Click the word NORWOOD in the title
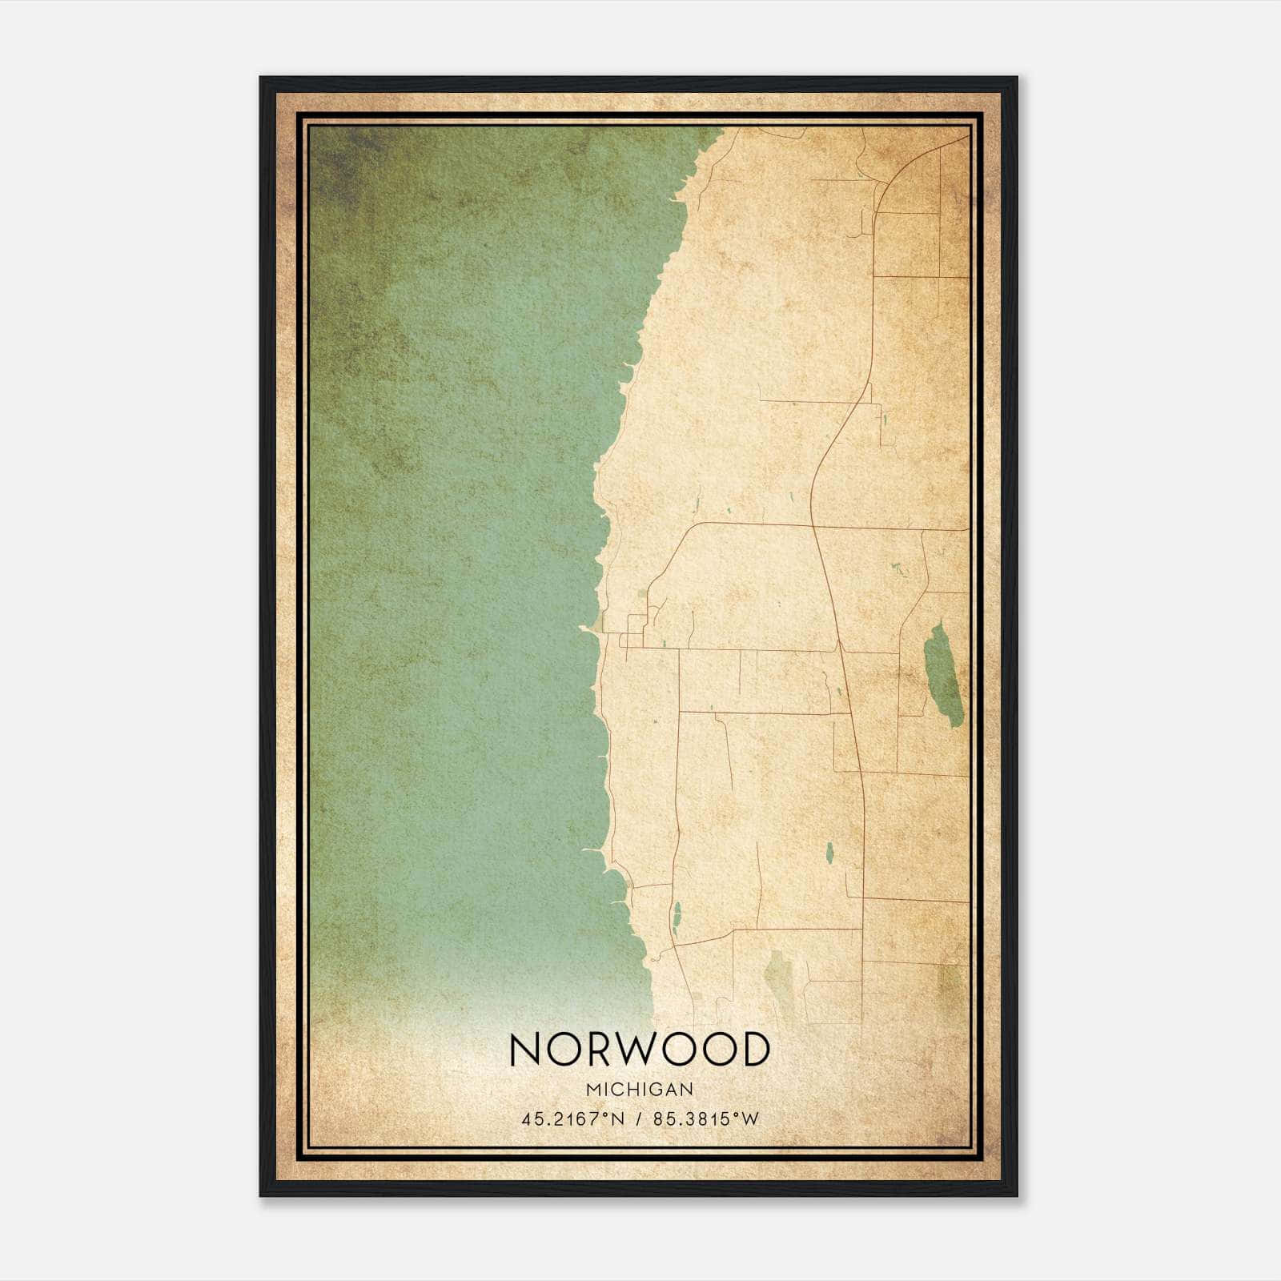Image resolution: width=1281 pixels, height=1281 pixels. tap(639, 1050)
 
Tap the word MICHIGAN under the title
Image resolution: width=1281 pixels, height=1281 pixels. tap(639, 1090)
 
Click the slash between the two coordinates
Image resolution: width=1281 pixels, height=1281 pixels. tap(639, 1118)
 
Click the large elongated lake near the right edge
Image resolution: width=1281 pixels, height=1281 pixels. tap(942, 677)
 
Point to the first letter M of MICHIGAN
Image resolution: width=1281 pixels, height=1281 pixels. tap(592, 1090)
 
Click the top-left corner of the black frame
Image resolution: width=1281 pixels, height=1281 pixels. tap(261, 78)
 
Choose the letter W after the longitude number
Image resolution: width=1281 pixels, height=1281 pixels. tap(748, 1118)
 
